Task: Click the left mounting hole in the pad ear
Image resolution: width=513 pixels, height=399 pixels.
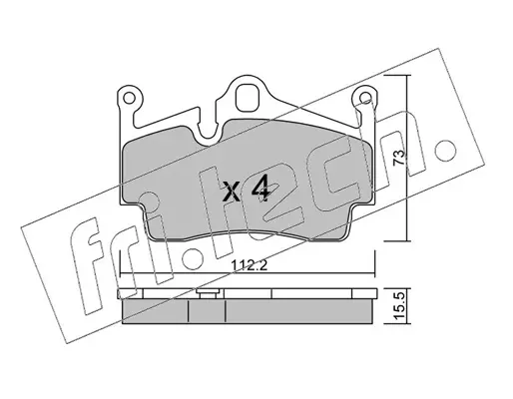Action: pos(129,98)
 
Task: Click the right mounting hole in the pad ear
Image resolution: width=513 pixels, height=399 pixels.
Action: pos(366,97)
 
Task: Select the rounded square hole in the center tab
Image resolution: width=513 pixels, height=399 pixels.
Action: pos(248,98)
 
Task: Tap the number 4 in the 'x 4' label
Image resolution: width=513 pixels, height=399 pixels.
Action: pos(260,189)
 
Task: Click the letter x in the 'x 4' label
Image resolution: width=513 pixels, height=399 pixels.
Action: pos(232,193)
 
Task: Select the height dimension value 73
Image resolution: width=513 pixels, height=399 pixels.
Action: pos(399,157)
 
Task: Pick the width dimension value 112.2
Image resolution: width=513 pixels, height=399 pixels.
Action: pos(249,265)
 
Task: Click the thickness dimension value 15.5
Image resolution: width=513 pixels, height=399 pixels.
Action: pos(400,305)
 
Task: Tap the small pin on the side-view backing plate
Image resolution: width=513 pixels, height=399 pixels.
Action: pos(209,293)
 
